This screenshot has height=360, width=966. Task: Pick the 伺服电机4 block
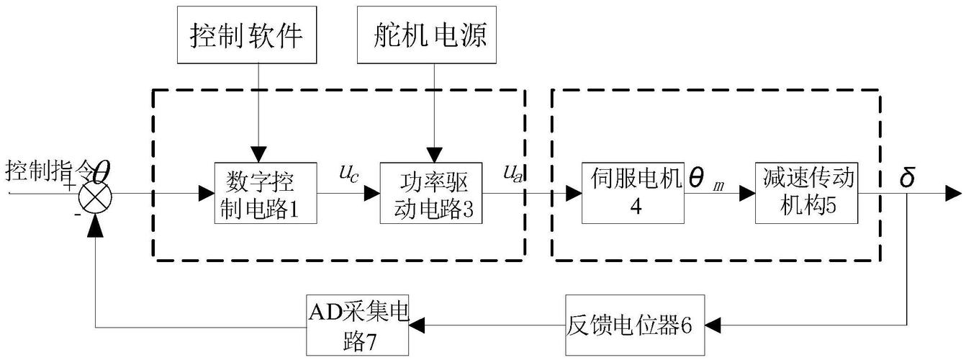coord(633,193)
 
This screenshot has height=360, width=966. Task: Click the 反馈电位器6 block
coord(630,325)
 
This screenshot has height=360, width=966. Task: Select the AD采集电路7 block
coord(358,325)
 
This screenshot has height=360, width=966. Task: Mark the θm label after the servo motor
coord(708,179)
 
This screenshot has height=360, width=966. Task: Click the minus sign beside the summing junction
coord(77,215)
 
